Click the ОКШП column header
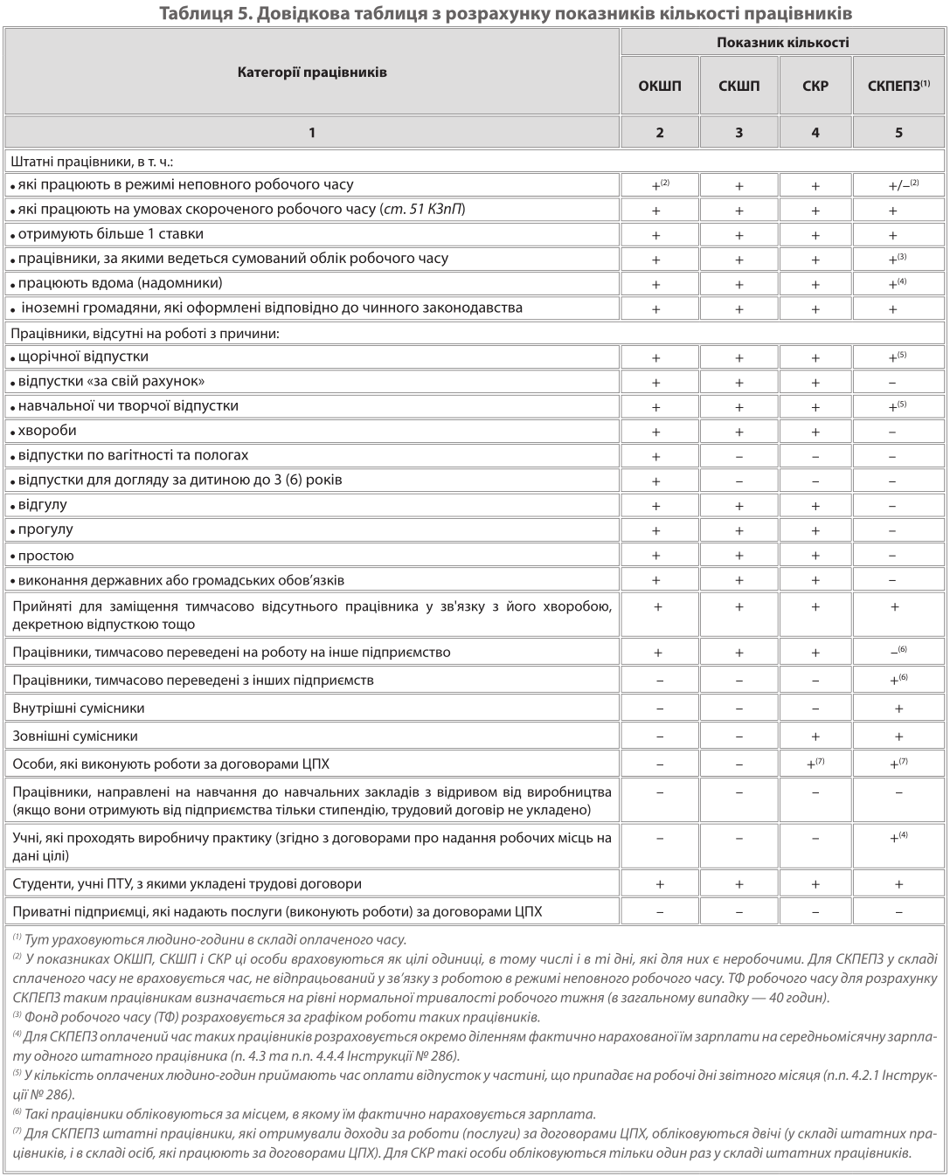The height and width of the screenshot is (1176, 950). (660, 86)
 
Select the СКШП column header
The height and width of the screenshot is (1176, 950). (739, 86)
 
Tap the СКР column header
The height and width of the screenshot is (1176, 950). (815, 86)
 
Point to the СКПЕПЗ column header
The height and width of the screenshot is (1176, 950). (898, 86)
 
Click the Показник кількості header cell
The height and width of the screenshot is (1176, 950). (782, 42)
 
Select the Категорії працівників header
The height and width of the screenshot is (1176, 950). (312, 73)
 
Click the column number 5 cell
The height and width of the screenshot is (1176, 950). (898, 133)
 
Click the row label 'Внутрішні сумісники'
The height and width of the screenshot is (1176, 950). (79, 709)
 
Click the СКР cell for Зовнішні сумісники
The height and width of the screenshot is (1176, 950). (815, 737)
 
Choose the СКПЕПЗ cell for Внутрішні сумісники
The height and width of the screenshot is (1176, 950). (898, 709)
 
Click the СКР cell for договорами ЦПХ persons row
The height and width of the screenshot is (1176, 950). (815, 764)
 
